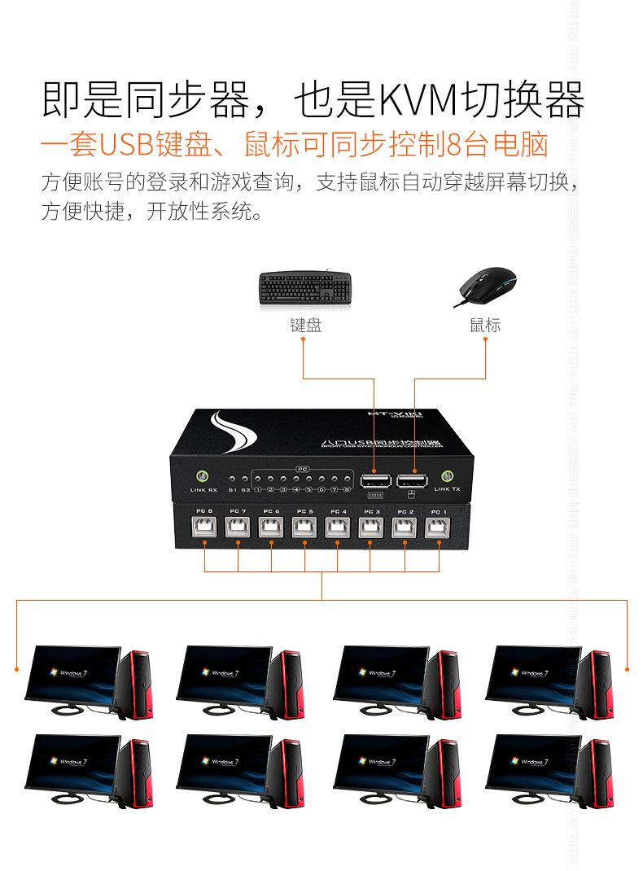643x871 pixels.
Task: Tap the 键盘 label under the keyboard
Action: (305, 326)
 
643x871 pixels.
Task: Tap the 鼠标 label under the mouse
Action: (485, 326)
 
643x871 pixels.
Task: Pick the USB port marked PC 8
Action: (204, 527)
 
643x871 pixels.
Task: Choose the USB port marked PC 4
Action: (338, 527)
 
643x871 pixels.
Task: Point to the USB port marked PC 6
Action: (271, 527)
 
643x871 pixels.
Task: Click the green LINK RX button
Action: (203, 477)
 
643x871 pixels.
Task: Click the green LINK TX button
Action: (447, 477)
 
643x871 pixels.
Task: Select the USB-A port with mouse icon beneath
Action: (410, 479)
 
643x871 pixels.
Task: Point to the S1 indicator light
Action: (232, 480)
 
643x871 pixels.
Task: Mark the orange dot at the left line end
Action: (16, 669)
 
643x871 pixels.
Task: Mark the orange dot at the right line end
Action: (628, 669)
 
